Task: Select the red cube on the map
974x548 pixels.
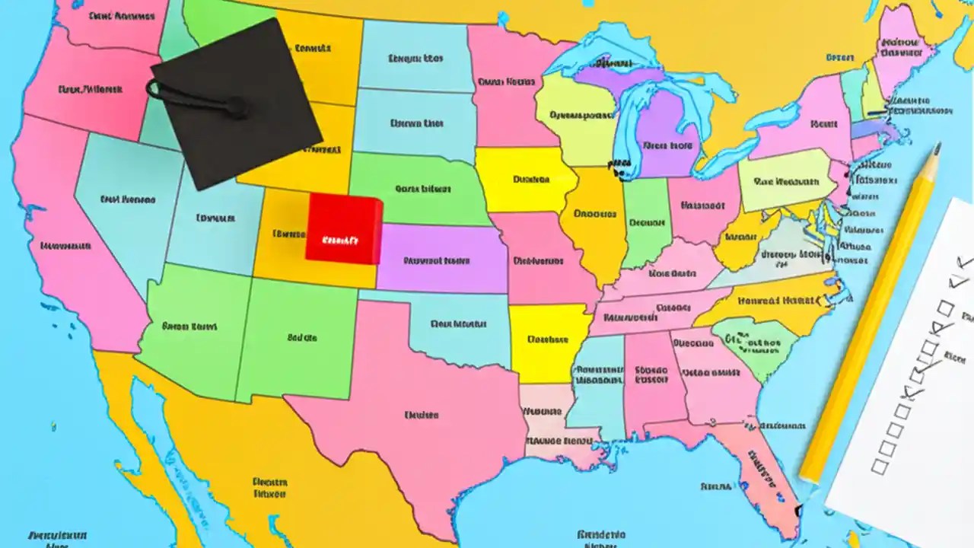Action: tap(343, 228)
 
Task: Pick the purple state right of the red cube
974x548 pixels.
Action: tap(441, 259)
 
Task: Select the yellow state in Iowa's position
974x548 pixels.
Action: tap(525, 180)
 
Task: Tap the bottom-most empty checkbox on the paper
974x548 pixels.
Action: tap(881, 467)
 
